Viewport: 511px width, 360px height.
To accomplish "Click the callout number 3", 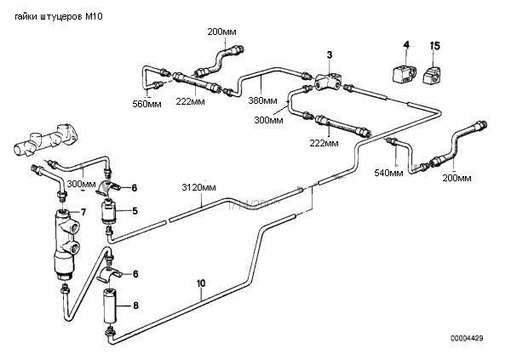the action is coord(330,54).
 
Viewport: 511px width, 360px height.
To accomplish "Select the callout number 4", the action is coord(406,44).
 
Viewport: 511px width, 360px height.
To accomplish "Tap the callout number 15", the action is coord(434,46).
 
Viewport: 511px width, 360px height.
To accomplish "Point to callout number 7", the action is coord(83,213).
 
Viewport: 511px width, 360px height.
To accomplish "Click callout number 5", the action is coord(135,211).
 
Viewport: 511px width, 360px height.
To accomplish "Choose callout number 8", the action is coord(135,306).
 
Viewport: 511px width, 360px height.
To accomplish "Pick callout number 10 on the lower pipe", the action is coord(201,283).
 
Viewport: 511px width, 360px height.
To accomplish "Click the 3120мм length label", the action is coord(198,187).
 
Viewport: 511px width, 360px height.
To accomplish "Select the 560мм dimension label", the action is coord(146,104).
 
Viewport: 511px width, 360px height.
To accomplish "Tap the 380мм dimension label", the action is coord(262,100).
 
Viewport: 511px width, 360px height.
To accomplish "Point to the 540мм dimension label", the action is coord(388,173).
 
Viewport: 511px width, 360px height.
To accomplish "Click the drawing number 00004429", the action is coord(467,338).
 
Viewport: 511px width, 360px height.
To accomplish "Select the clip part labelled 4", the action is coord(404,74).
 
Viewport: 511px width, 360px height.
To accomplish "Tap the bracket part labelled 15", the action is coord(432,76).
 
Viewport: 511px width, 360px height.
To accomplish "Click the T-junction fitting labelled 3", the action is coord(329,81).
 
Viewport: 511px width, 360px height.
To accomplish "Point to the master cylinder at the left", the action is coord(46,140).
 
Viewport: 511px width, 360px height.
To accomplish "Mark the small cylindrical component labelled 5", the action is coord(108,213).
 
